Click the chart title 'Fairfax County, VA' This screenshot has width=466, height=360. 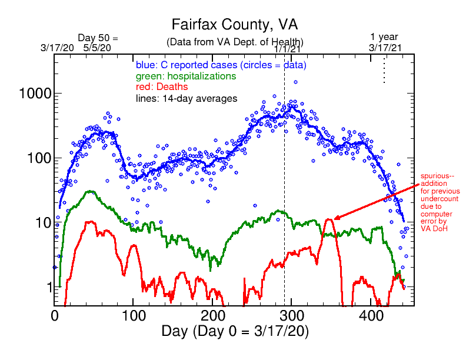click(x=234, y=25)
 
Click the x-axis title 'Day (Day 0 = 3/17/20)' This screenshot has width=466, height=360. click(x=234, y=331)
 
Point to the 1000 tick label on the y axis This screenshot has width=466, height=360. click(x=34, y=94)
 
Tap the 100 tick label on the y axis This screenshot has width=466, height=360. click(x=38, y=158)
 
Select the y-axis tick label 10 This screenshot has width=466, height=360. click(x=42, y=222)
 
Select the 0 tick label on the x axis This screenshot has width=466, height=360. click(x=54, y=315)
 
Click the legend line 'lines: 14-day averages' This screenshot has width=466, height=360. click(x=187, y=99)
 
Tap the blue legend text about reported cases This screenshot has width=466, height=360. click(x=220, y=65)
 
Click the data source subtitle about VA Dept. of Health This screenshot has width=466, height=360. click(x=235, y=42)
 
